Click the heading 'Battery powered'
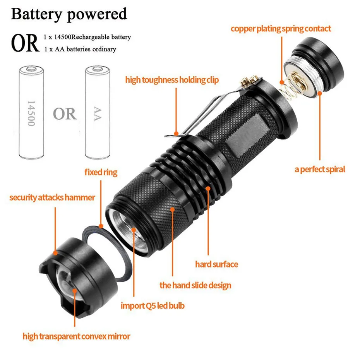click(x=69, y=14)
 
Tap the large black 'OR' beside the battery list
click(x=25, y=43)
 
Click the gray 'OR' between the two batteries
click(x=65, y=114)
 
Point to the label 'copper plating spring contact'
click(x=281, y=29)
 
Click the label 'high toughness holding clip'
click(x=172, y=80)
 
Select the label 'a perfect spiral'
click(x=320, y=169)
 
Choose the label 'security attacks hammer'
click(x=52, y=197)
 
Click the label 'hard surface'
click(x=216, y=264)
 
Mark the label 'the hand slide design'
click(x=195, y=285)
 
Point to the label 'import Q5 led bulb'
click(x=153, y=306)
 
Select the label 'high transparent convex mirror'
click(x=76, y=336)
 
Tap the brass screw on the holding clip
click(x=249, y=82)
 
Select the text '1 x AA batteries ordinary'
click(x=80, y=49)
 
